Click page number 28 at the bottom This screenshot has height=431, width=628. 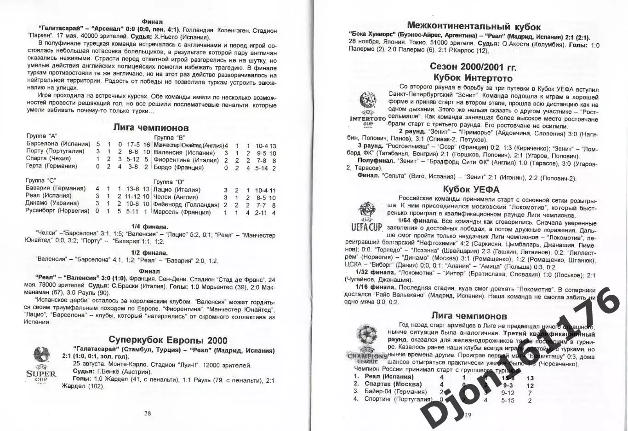[x=147, y=413]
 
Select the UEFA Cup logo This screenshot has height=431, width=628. [x=366, y=217]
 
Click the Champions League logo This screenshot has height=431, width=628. [x=368, y=344]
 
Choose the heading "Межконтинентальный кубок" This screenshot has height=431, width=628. [x=474, y=27]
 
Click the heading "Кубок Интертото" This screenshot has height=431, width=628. [x=473, y=78]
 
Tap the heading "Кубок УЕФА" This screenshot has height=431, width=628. [x=471, y=189]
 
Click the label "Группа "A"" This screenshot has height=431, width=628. [x=42, y=136]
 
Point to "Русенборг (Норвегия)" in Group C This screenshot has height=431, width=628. [x=57, y=210]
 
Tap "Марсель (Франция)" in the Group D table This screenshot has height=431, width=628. [x=182, y=212]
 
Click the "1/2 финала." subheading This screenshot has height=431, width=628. [x=149, y=253]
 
